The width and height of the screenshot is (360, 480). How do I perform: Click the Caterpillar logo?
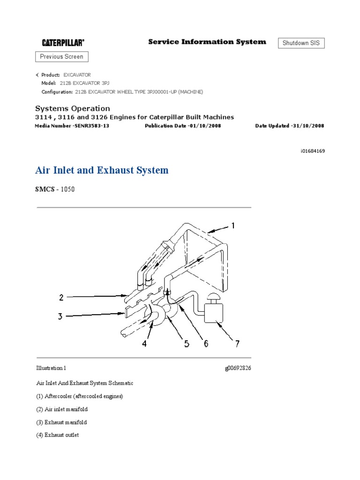point(63,43)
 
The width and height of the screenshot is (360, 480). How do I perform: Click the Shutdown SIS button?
point(301,43)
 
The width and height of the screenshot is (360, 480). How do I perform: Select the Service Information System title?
point(207,42)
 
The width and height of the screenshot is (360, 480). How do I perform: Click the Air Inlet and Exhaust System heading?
point(102,170)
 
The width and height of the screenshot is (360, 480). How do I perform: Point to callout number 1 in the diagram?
point(233,226)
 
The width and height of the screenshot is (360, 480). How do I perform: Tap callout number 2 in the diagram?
point(61,297)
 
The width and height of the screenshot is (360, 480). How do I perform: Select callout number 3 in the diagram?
point(60,316)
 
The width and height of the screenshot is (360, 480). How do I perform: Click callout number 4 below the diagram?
point(145,344)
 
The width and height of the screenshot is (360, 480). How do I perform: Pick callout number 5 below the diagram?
point(187,344)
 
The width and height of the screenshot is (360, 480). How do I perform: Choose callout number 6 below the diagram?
point(205,344)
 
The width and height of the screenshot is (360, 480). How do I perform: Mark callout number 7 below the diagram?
point(237,344)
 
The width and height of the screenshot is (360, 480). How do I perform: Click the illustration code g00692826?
point(238,368)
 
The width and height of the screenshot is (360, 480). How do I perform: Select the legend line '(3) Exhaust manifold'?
point(61,422)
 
